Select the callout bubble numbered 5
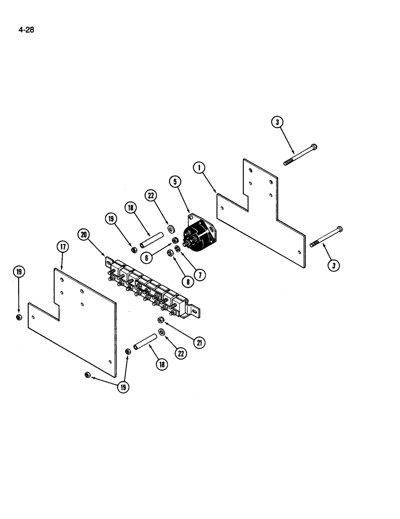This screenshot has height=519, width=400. [x=175, y=181]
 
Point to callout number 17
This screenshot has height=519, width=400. [x=62, y=247]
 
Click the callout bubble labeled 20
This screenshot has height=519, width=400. [x=83, y=234]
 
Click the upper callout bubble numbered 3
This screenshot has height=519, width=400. [x=278, y=122]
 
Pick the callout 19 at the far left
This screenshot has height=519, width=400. [x=19, y=271]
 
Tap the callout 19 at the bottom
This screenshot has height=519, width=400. [x=124, y=387]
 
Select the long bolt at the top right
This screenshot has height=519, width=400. [x=301, y=155]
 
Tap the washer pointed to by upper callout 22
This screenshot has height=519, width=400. [x=171, y=228]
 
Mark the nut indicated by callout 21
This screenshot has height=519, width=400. [x=160, y=319]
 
